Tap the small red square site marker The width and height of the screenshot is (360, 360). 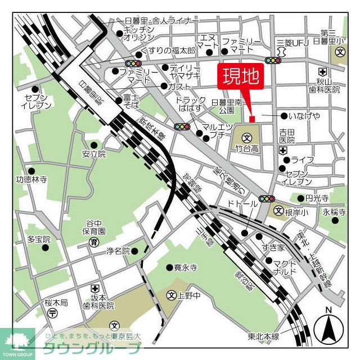tap(252, 119)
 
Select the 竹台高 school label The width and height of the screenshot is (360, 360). tap(247, 148)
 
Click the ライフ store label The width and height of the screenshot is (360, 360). tap(302, 160)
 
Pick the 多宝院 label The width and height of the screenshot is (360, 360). tap(39, 239)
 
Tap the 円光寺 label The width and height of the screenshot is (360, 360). tap(317, 198)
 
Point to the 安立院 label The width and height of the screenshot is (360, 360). tap(94, 154)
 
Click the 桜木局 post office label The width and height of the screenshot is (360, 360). tap(56, 303)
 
